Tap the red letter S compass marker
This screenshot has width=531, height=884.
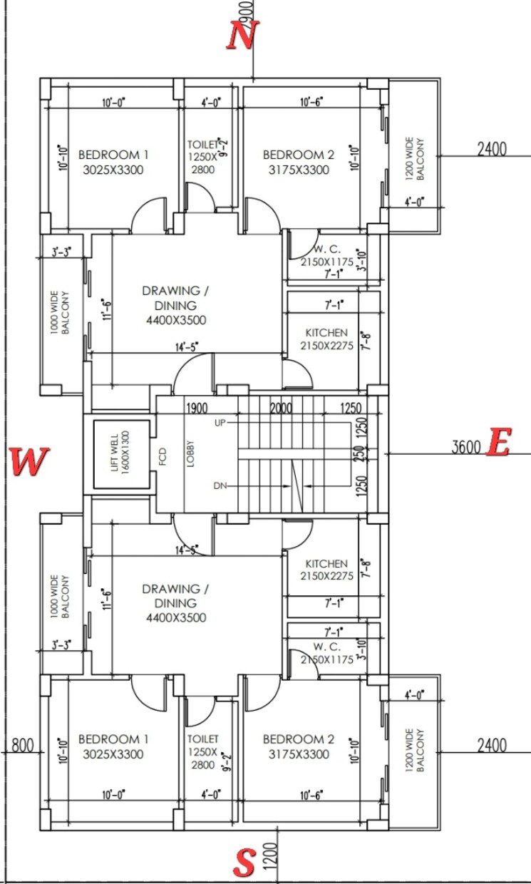tap(244, 865)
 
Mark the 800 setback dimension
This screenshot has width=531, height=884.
tap(23, 746)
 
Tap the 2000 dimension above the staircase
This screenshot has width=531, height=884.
tap(281, 408)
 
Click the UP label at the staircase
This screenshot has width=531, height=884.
tap(220, 423)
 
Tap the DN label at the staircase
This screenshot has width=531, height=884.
tap(220, 485)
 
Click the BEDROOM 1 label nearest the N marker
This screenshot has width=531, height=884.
tap(113, 155)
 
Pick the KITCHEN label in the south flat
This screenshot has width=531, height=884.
tap(326, 564)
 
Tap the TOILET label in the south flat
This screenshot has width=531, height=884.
tap(203, 739)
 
